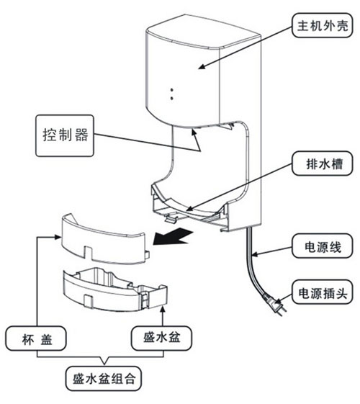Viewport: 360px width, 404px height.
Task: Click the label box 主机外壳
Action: point(322,25)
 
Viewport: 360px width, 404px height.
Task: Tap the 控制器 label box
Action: point(65,135)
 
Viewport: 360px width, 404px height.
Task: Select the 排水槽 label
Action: point(322,164)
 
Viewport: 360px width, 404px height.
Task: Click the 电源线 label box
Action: point(322,246)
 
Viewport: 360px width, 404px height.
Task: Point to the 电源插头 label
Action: point(322,292)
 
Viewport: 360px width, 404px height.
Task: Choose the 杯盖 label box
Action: point(36,338)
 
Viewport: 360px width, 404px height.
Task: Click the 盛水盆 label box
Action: point(161,338)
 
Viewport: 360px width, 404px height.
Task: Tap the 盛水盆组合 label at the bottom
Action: point(104,379)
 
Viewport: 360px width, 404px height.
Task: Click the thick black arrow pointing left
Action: point(173,237)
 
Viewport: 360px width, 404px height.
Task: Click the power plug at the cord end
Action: point(274,304)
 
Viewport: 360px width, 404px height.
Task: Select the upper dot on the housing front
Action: point(172,90)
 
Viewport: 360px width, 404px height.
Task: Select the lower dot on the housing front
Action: point(172,98)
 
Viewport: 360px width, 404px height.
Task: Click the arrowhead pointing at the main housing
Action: point(202,67)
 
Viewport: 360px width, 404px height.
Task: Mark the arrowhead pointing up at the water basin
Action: point(162,310)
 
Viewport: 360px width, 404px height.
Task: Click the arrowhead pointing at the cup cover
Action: point(58,237)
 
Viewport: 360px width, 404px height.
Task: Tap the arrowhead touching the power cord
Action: point(254,255)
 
